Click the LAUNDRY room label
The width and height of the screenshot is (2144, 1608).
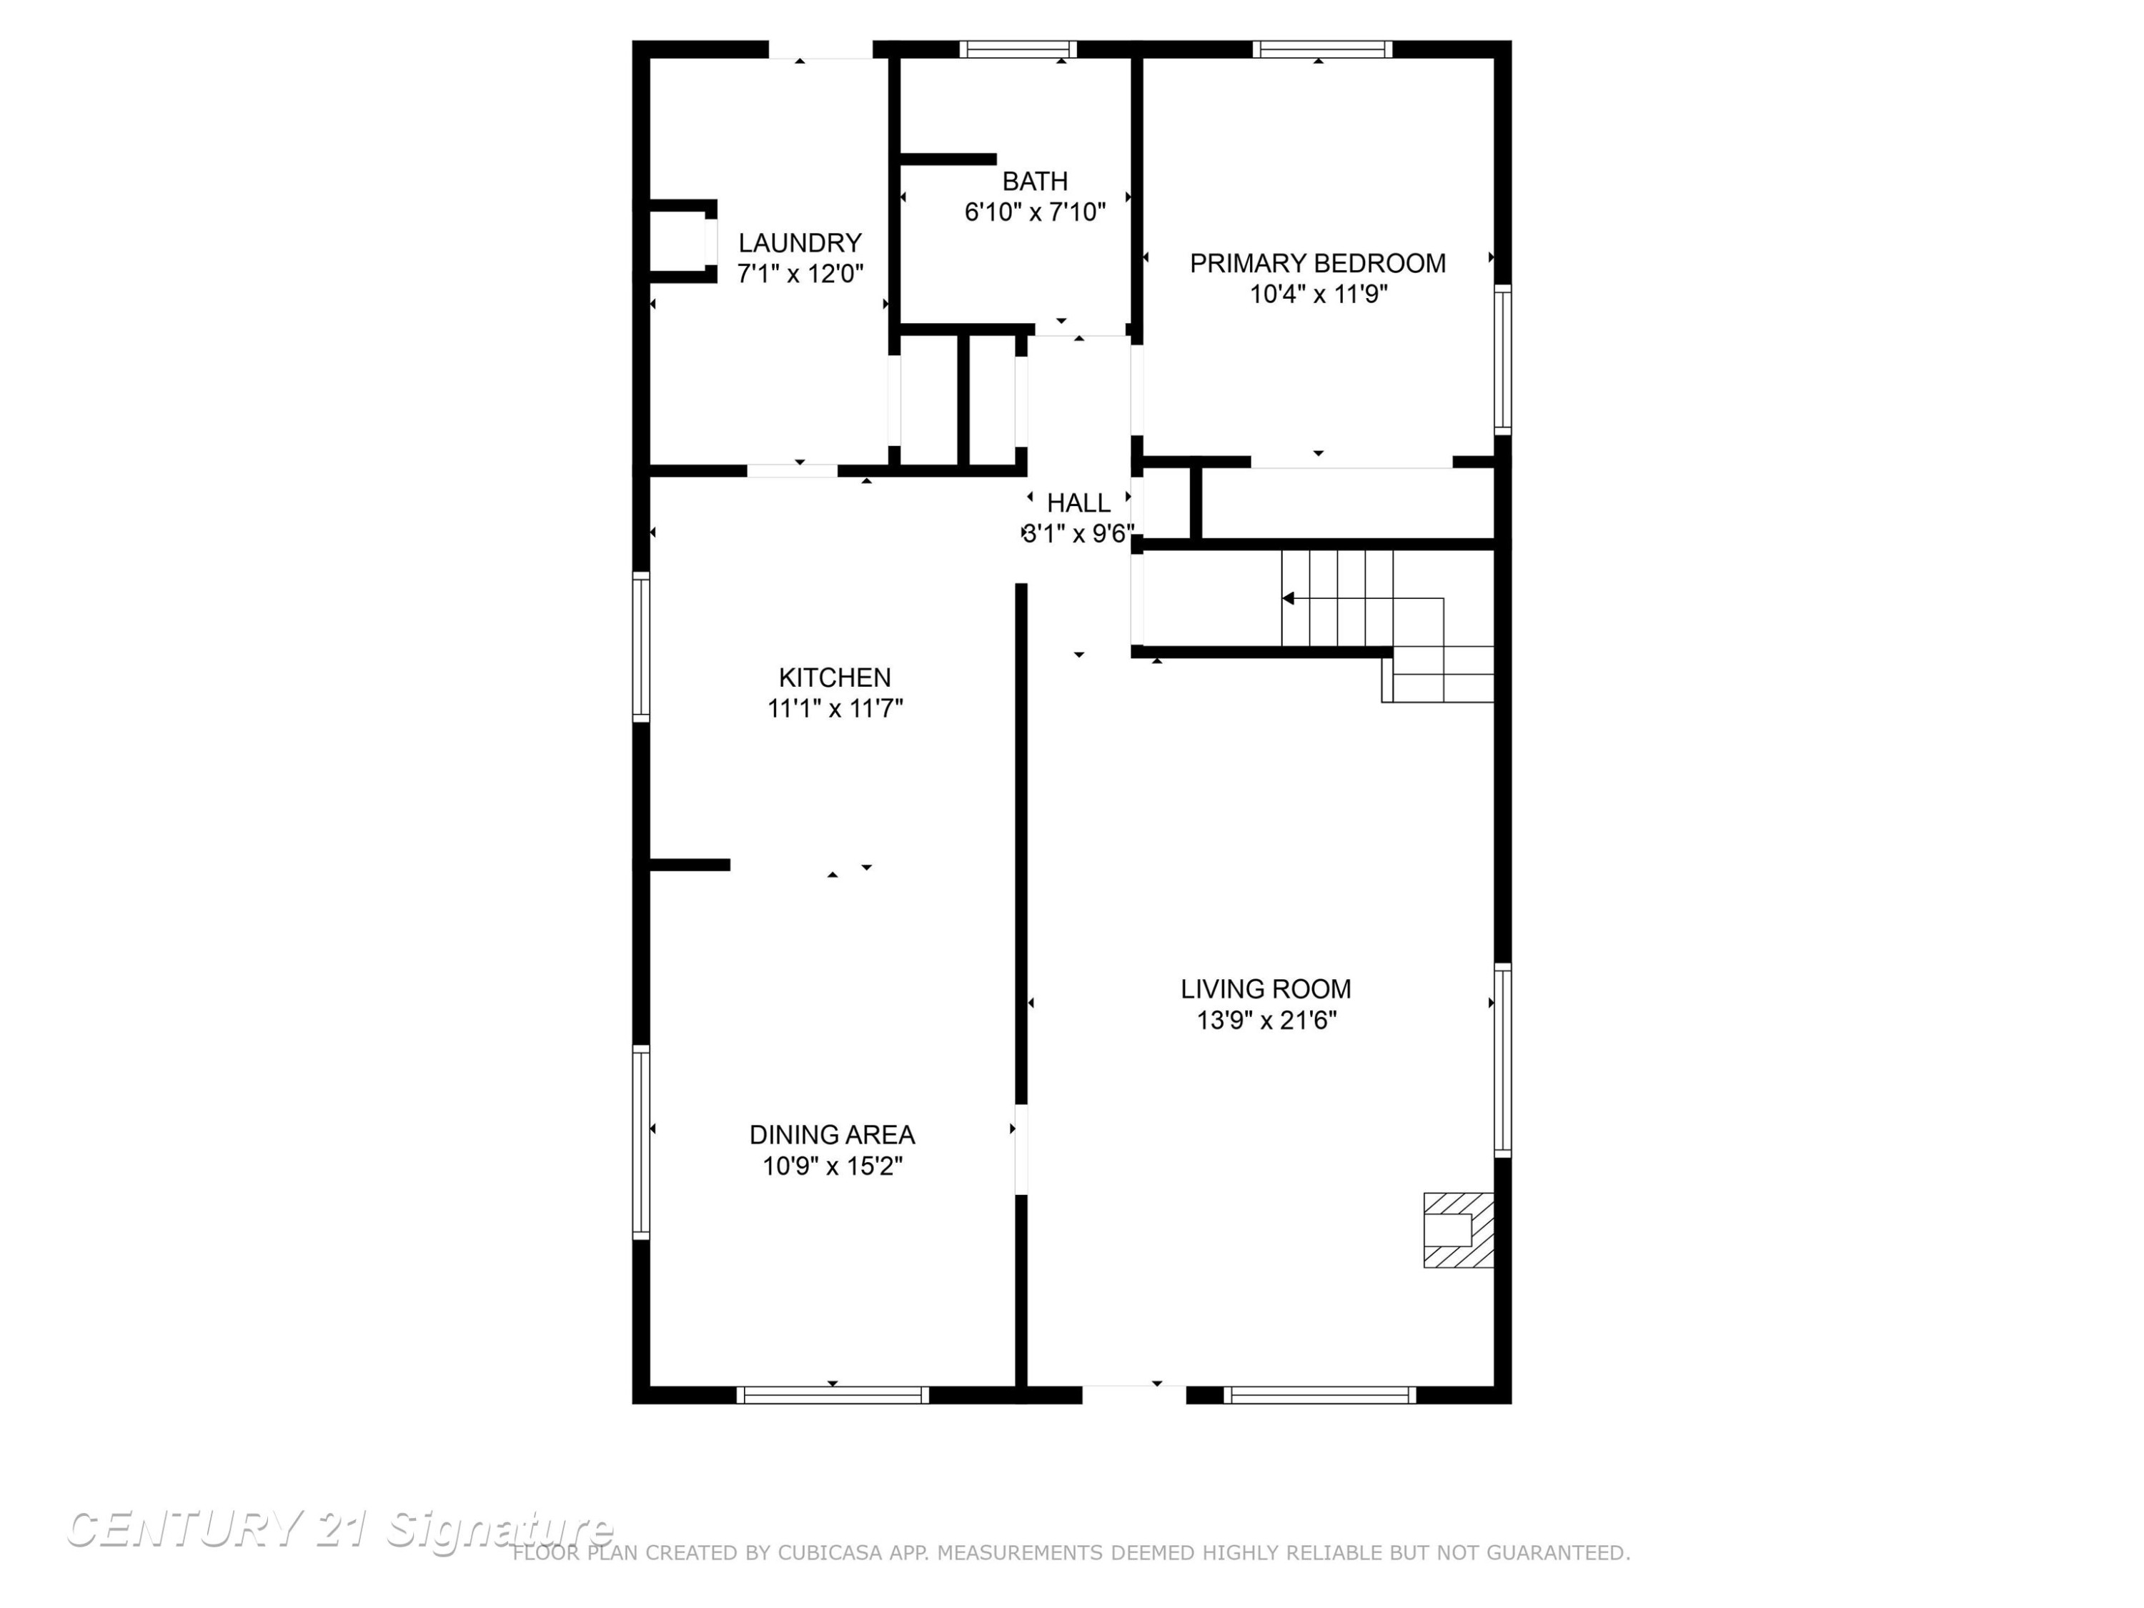click(800, 242)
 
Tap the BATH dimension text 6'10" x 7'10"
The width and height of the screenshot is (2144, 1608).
click(1035, 212)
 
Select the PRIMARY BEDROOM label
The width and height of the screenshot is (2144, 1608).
click(1317, 264)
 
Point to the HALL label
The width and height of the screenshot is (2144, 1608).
click(1078, 503)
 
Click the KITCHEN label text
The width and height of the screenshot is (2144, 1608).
click(835, 678)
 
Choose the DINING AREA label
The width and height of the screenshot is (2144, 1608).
click(832, 1135)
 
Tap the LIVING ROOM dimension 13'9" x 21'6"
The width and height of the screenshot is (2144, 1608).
click(1267, 1021)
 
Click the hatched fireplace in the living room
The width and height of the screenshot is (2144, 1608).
click(1458, 1230)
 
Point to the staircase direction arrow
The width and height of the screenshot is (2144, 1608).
click(1363, 599)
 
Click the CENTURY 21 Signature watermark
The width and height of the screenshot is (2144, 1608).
click(339, 1529)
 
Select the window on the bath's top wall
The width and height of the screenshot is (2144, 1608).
click(1018, 49)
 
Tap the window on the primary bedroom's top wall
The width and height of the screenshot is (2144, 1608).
click(1322, 49)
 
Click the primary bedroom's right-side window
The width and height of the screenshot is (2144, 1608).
click(1502, 359)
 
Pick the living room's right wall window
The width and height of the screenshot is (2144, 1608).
click(1502, 1061)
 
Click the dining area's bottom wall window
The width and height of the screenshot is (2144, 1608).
click(833, 1395)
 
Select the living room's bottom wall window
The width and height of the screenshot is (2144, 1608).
click(1319, 1395)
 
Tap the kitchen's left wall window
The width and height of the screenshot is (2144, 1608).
click(640, 647)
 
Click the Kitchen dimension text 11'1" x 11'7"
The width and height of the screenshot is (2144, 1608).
click(835, 708)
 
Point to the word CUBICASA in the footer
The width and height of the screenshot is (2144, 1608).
click(830, 1553)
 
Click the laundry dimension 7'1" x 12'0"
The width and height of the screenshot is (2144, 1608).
click(800, 274)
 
